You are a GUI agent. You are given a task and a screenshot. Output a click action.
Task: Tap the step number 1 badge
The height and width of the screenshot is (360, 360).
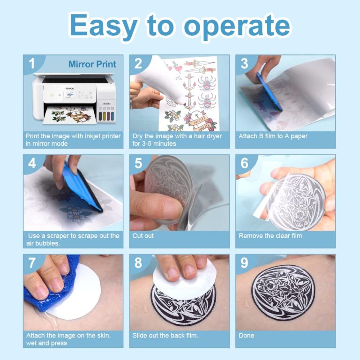coord(32,64)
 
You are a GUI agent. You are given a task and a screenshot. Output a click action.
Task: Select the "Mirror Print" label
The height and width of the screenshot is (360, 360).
coord(92,64)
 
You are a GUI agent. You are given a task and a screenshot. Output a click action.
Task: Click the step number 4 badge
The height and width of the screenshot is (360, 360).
coord(32,164)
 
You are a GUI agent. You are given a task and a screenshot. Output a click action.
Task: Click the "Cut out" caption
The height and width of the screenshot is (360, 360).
coord(143,236)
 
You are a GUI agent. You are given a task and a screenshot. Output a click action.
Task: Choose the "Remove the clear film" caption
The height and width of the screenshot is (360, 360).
coord(270,236)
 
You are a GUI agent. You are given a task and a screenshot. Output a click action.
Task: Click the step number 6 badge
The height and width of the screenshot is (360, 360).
coord(244,164)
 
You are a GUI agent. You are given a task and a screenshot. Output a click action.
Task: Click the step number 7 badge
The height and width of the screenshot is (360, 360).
coord(32,263)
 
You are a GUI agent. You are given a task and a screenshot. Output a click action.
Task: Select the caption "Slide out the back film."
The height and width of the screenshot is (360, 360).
coord(165,335)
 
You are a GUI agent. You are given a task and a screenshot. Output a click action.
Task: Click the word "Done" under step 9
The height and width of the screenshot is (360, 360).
coord(247,335)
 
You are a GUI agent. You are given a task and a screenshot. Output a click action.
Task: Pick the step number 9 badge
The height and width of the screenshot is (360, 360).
coord(244,263)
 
